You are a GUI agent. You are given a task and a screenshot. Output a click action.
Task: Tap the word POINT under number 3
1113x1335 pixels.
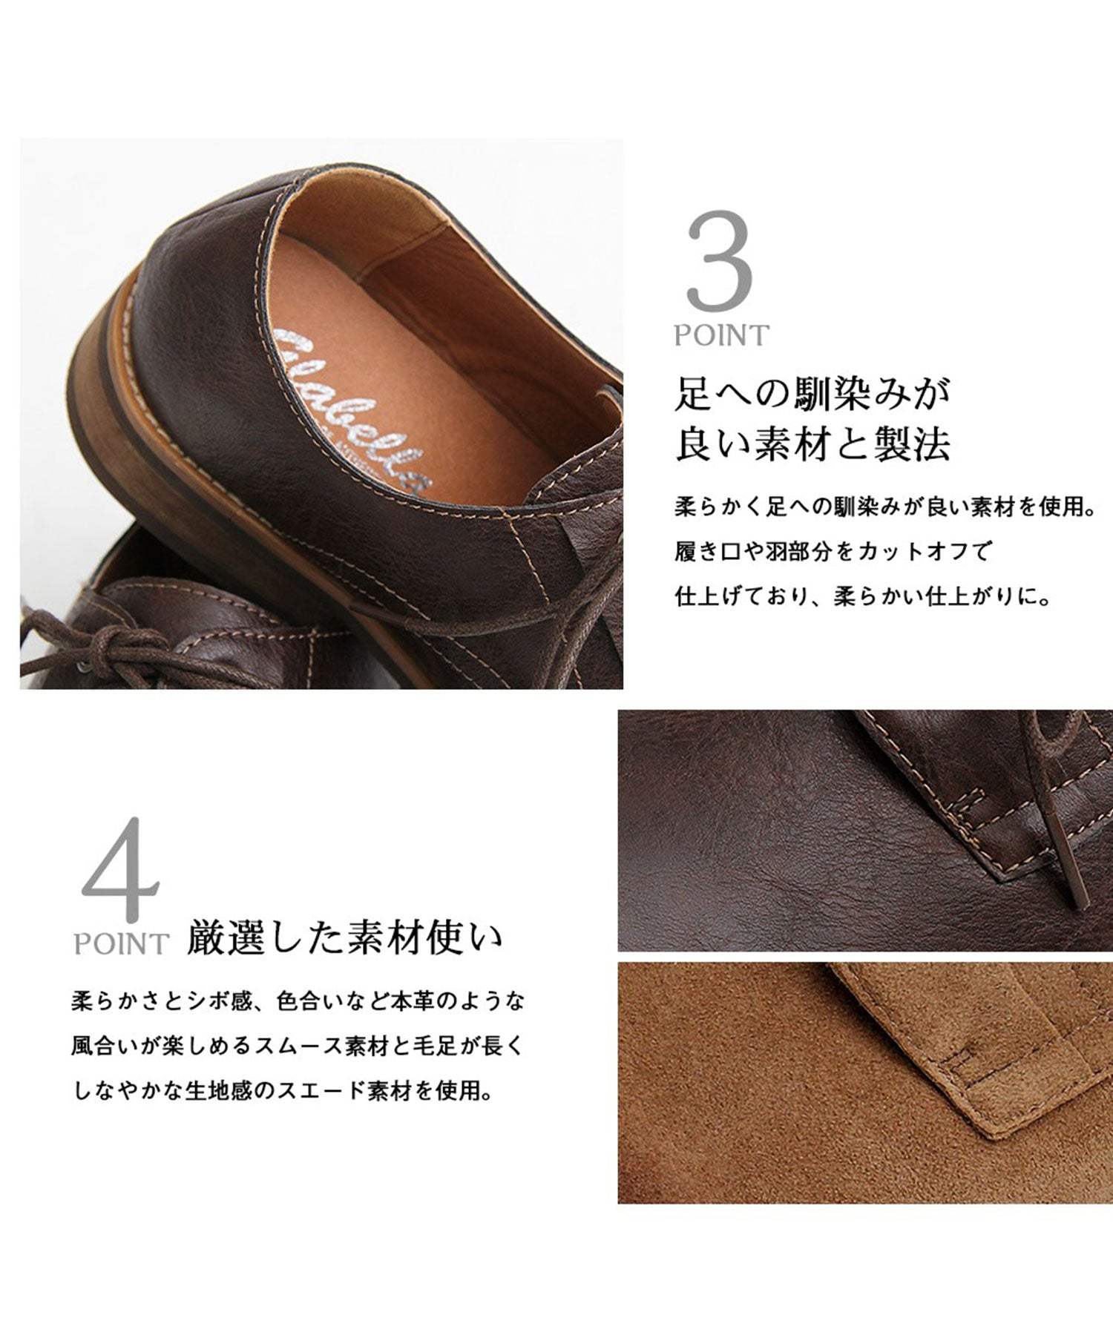[x=721, y=336]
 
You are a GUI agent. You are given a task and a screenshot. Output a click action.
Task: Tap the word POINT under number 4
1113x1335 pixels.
[x=122, y=945]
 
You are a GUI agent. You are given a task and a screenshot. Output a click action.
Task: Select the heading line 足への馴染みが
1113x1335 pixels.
[x=812, y=394]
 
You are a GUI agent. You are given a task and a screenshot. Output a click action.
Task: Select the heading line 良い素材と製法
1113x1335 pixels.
[x=812, y=445]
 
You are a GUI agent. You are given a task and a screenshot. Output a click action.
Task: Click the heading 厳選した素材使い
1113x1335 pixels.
[x=344, y=937]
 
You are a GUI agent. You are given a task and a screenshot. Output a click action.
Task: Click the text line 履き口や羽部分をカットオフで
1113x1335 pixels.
[x=833, y=552]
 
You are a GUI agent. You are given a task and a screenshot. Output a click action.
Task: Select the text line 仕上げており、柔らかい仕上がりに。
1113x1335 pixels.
[x=864, y=596]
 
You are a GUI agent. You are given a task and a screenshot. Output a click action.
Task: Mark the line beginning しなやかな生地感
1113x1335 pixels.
[x=283, y=1091]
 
